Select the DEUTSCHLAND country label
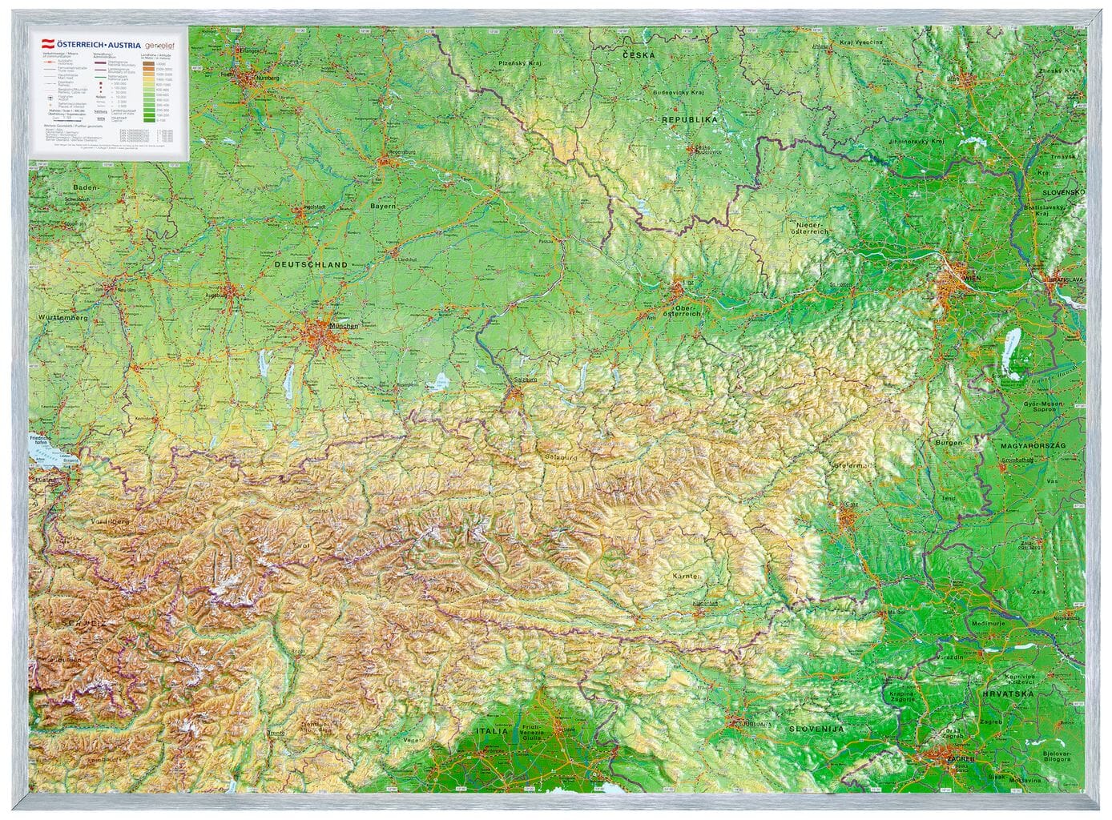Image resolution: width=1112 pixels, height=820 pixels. point(310,264)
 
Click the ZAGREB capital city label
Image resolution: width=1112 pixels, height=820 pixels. point(961,757)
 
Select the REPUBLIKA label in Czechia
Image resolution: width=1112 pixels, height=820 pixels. point(688,119)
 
